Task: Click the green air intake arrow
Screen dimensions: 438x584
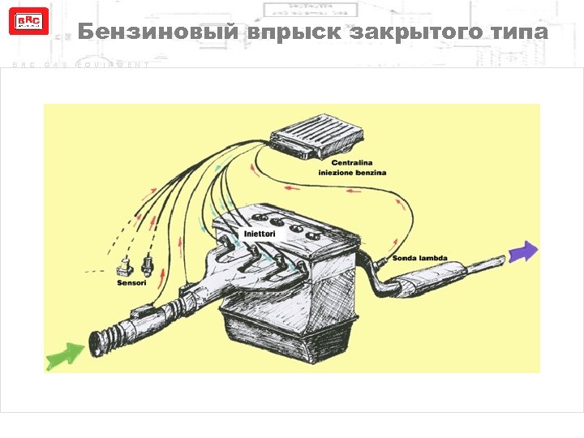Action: [x=66, y=354]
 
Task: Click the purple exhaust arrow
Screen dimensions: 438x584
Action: [x=523, y=252]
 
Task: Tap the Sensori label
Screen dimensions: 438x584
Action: [x=131, y=284]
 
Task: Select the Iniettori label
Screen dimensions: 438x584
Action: [x=260, y=234]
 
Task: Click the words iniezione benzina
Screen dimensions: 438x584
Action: [x=352, y=173]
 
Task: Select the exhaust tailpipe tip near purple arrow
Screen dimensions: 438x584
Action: [x=496, y=260]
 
